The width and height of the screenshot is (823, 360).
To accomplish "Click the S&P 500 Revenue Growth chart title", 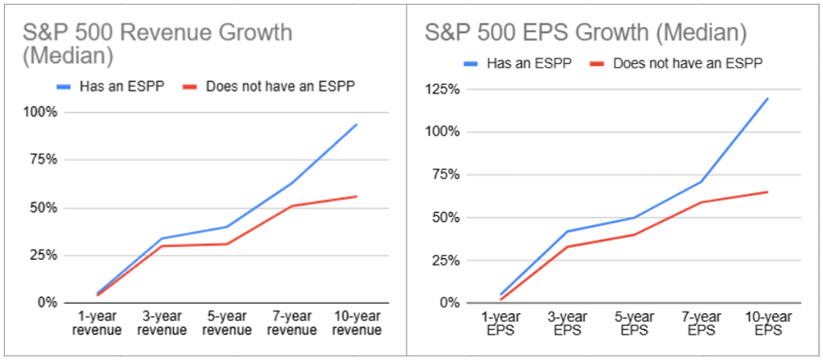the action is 157,45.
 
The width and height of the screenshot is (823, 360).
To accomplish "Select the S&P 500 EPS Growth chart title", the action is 586,34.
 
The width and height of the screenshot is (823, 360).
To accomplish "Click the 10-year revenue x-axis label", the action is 357,323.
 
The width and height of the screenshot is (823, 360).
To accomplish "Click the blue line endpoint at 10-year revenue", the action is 357,125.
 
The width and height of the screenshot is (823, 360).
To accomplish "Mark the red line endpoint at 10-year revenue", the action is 357,197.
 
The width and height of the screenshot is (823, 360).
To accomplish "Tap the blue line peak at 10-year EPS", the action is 768,98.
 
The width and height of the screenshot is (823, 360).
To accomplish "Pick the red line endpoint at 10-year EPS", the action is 768,192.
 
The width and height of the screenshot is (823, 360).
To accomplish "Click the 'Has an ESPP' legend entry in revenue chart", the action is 111,87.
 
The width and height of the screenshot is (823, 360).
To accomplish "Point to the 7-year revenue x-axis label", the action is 292,323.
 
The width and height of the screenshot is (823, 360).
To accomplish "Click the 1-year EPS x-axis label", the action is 502,323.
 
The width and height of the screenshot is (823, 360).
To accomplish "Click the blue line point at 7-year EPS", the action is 700,182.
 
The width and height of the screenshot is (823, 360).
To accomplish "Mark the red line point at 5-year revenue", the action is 227,243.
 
